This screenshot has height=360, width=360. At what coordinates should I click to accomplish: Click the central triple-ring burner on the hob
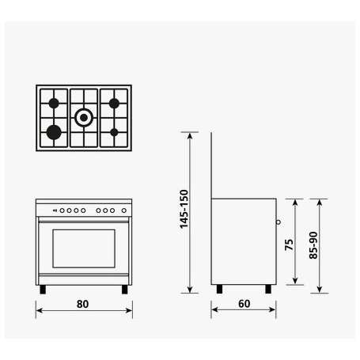pos(83,118)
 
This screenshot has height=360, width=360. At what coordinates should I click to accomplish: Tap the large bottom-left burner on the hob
pos(54,131)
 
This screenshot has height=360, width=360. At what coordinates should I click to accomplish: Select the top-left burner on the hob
pos(54,103)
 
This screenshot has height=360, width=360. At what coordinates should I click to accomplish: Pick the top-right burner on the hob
pos(113,103)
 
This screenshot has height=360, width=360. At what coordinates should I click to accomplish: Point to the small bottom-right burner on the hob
pos(113,131)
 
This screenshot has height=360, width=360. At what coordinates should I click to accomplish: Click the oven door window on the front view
pos(82,249)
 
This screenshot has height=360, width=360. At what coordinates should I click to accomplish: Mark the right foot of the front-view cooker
pos(124,290)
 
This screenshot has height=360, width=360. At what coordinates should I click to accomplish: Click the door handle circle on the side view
pos(279,222)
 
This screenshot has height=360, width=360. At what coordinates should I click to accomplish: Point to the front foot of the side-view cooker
pos(270,289)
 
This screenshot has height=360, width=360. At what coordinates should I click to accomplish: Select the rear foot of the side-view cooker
pos(218,289)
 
